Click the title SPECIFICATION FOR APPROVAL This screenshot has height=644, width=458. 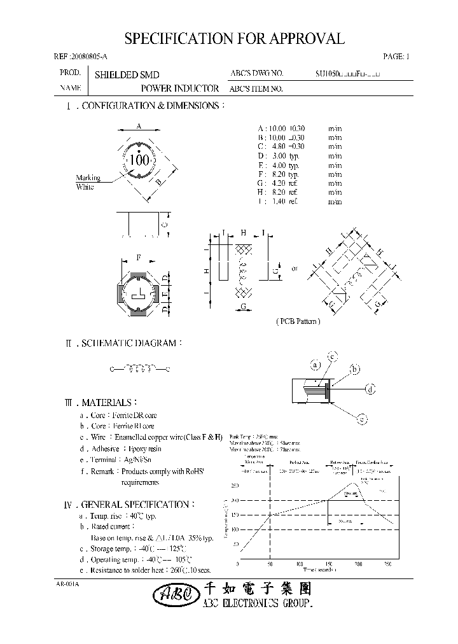[x=235, y=39]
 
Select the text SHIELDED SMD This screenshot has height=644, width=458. [x=127, y=74]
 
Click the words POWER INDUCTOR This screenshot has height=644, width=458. [x=180, y=89]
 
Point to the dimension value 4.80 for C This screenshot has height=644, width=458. [x=275, y=146]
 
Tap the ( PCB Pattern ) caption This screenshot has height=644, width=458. [x=298, y=321]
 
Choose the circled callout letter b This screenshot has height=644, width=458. [x=355, y=369]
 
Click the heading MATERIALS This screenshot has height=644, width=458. [x=107, y=403]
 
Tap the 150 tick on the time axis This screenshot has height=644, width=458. [x=328, y=564]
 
